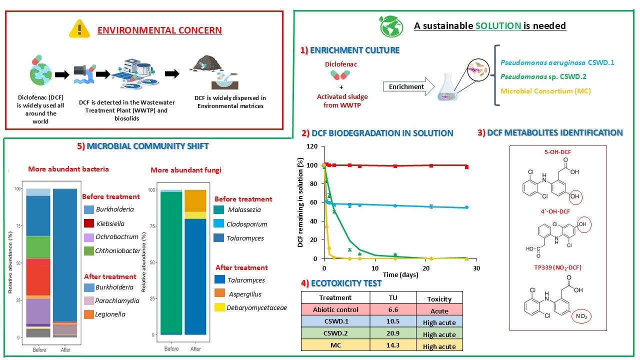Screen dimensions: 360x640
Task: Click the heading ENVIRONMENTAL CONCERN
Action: click(159, 30)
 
